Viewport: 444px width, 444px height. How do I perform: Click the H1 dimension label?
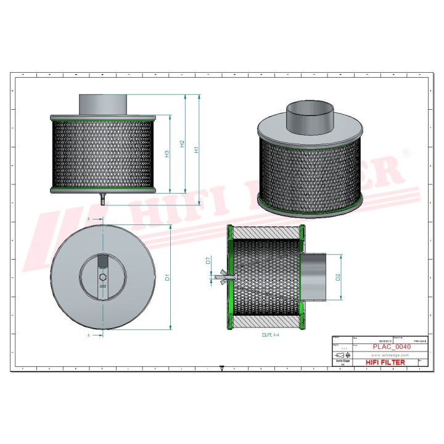tap(196, 149)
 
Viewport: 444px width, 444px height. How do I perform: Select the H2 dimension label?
tap(182, 144)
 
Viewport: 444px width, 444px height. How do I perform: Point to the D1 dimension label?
tap(166, 277)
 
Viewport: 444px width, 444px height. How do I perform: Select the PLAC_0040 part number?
tap(391, 347)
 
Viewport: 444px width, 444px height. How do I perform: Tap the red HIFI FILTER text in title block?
tap(385, 363)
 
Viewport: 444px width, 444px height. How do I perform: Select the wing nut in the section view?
tap(221, 278)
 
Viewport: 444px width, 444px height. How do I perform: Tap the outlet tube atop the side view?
tap(102, 104)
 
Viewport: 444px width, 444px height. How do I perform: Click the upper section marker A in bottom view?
tap(89, 220)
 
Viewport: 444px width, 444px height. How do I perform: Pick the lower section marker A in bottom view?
tap(89, 335)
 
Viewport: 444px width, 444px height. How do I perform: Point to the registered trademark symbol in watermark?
tap(406, 152)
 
